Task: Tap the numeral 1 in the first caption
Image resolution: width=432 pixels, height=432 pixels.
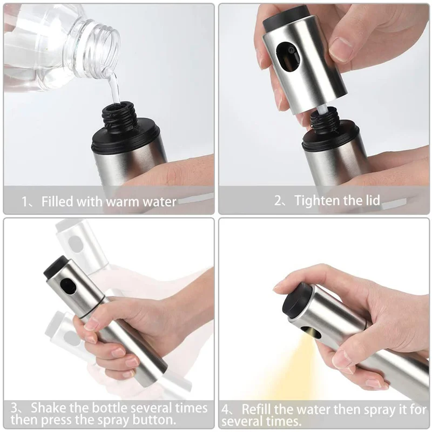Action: tap(24, 202)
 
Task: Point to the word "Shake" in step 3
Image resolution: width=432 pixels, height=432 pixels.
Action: tap(50, 407)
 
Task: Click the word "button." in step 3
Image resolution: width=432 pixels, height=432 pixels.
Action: tap(157, 419)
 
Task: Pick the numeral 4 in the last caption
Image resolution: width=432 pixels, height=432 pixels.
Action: tap(226, 409)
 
